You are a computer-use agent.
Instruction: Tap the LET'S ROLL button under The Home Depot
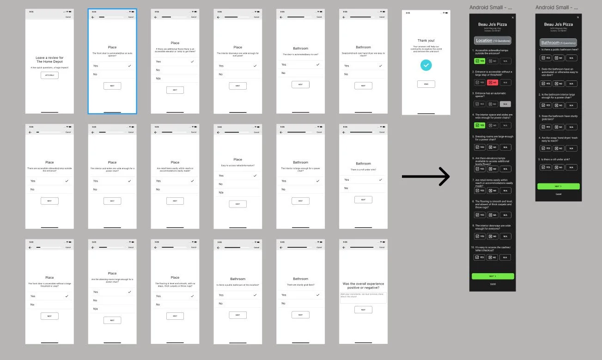[x=49, y=75]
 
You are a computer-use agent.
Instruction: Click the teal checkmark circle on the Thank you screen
[x=426, y=66]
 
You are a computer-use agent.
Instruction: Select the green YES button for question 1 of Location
[x=480, y=61]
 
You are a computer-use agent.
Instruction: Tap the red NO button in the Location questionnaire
[x=493, y=82]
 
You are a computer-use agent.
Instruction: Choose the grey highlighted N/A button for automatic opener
[x=505, y=104]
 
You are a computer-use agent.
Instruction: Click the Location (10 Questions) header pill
[x=493, y=41]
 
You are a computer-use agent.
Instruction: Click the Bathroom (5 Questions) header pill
[x=558, y=43]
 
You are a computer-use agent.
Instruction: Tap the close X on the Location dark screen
[x=513, y=18]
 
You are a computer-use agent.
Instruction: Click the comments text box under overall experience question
[x=363, y=298]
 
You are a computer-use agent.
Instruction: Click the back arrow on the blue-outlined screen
[x=93, y=17]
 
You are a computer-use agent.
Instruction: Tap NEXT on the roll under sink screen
[x=363, y=200]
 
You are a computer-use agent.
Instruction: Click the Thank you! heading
[x=426, y=41]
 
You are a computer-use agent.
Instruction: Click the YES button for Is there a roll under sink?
[x=546, y=167]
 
